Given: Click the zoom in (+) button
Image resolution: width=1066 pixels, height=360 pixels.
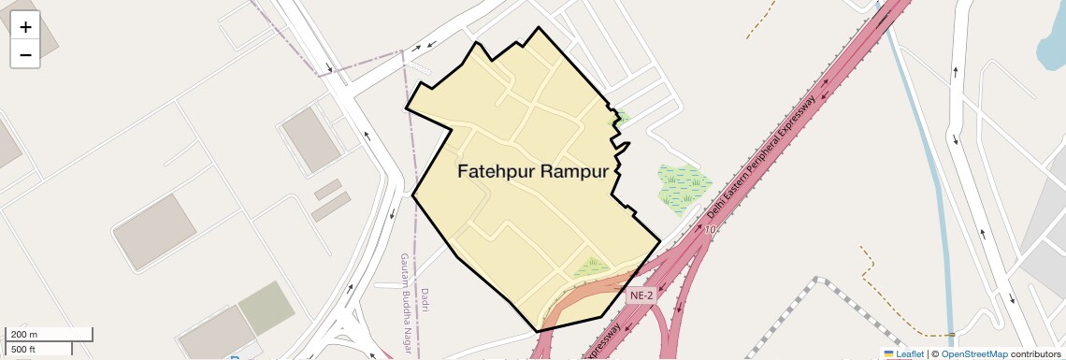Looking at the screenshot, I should point(25,26).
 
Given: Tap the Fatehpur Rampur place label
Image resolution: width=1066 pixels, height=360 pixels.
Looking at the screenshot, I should point(533,172).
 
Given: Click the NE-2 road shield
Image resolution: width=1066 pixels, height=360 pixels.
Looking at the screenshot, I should point(641,295).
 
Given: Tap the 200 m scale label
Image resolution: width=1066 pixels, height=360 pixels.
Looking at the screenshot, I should point(24,334).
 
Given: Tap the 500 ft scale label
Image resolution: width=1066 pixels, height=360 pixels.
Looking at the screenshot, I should point(23,349).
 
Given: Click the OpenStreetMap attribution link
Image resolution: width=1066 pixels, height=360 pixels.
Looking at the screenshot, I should point(973,353).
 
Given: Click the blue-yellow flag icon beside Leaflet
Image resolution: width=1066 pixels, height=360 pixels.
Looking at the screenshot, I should point(889,353).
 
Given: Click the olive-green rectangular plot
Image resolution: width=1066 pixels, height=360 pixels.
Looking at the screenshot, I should point(266,307).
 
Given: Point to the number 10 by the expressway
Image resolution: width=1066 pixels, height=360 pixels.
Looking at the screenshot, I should point(711,229).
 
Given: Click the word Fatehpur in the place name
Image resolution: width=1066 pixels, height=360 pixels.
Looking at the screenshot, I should point(496,172).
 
